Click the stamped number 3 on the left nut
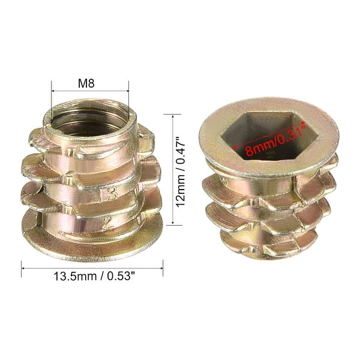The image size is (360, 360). [112, 194]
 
